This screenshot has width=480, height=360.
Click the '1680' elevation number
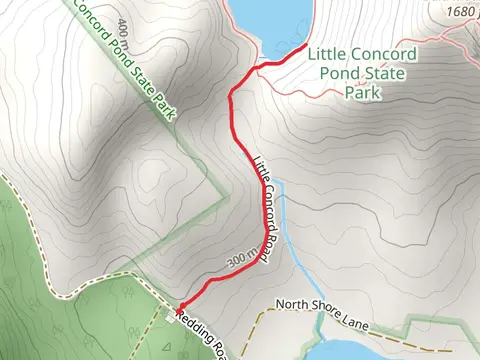[458, 12]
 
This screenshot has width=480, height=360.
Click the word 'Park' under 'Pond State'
[362, 92]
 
